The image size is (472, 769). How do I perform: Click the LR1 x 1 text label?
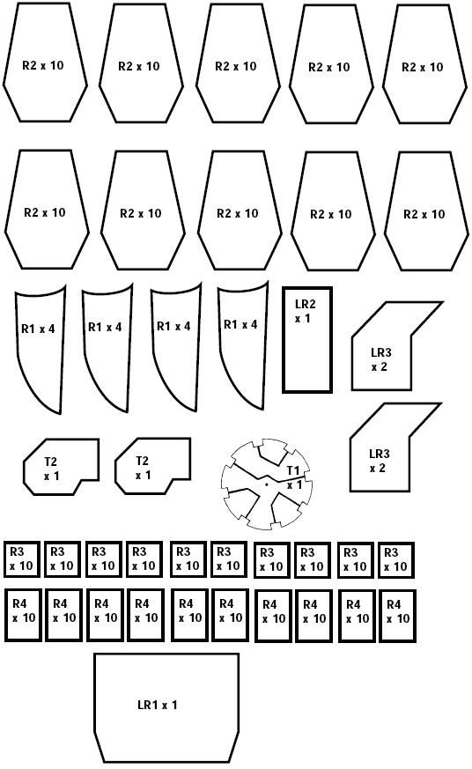point(157,706)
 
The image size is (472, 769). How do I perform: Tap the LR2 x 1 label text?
point(305,311)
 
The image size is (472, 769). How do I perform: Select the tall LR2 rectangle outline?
point(284,339)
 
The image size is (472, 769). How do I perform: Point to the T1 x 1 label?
point(294,477)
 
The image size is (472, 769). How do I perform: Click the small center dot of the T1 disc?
point(266,484)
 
